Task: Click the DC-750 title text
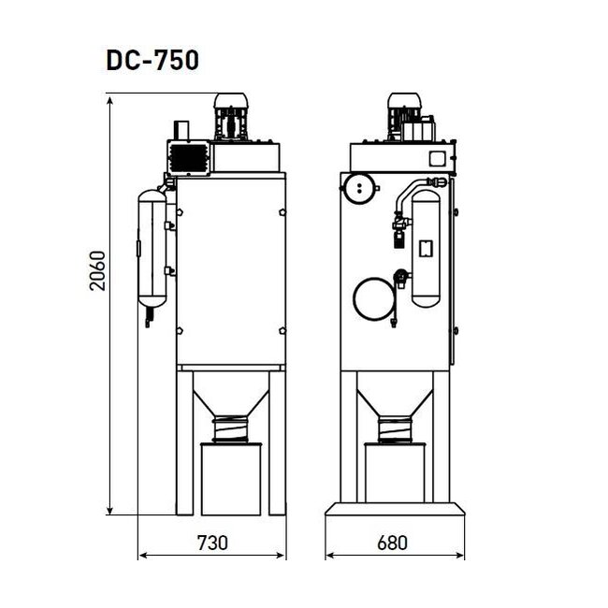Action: tap(152, 61)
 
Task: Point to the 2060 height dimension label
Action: tap(96, 271)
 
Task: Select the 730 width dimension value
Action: tap(212, 542)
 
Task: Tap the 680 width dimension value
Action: tap(395, 542)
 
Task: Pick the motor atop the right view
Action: tap(406, 115)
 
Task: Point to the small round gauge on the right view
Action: tap(357, 188)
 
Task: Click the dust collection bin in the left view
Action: tap(231, 477)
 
